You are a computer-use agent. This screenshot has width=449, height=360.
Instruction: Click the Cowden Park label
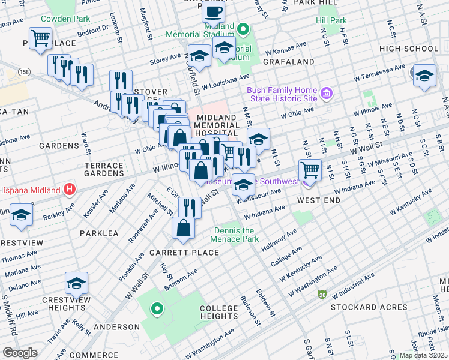[x=65, y=19]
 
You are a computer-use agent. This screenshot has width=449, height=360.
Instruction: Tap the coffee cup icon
[x=212, y=12]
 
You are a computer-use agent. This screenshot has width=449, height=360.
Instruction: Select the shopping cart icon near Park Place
[x=40, y=39]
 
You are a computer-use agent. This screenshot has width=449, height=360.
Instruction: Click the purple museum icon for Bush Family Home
[x=326, y=93]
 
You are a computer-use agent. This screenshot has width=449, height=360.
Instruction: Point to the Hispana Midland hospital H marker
[x=70, y=190]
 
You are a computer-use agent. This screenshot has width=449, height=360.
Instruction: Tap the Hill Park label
[x=331, y=20]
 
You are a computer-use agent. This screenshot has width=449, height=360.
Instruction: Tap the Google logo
[x=20, y=353]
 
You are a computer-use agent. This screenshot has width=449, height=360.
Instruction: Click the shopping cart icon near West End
[x=310, y=170]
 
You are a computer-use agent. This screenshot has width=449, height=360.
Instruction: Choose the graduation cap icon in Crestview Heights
[x=77, y=283]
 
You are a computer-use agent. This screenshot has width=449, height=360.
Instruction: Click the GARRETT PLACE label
[x=184, y=253]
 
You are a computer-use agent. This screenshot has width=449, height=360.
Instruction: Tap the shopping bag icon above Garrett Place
[x=183, y=228]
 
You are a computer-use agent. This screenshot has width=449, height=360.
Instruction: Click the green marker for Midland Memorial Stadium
[x=243, y=28]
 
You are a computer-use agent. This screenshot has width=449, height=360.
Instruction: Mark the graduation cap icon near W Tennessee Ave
[x=424, y=76]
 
